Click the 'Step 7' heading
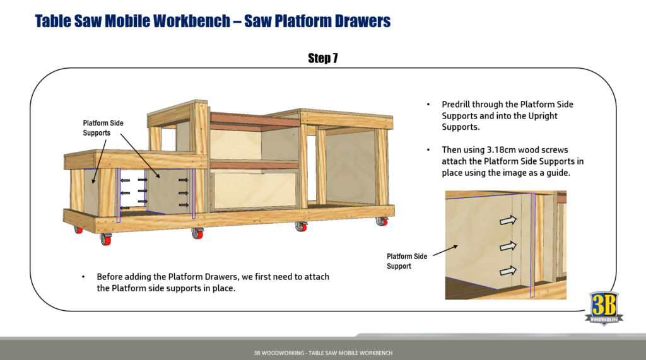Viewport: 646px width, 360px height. (322, 59)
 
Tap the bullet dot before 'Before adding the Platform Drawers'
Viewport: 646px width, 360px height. (83, 277)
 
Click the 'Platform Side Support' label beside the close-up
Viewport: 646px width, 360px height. (407, 261)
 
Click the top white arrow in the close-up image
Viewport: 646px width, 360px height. (507, 220)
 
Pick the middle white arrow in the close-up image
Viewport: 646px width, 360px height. (507, 245)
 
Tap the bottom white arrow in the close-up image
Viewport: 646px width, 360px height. (507, 271)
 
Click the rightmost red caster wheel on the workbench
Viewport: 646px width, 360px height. (381, 222)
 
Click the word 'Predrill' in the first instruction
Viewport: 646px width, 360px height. (456, 105)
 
